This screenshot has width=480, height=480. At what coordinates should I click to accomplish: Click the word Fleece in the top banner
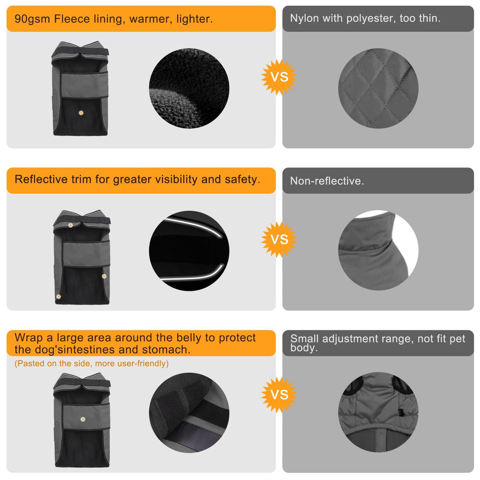click(x=72, y=19)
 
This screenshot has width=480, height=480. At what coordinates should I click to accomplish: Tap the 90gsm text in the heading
click(x=32, y=20)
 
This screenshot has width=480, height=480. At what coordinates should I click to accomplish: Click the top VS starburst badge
click(x=279, y=77)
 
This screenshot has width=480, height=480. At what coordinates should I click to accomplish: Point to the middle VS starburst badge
click(x=279, y=240)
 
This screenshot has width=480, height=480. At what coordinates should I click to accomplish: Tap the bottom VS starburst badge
click(x=279, y=395)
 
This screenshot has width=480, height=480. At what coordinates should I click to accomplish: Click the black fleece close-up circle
click(x=189, y=88)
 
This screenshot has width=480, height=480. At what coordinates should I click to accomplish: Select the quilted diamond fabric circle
click(x=378, y=88)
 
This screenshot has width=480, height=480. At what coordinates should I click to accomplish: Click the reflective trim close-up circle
click(x=189, y=251)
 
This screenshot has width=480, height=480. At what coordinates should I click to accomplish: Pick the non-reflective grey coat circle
click(x=378, y=250)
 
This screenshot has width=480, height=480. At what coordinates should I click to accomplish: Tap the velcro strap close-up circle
click(x=189, y=413)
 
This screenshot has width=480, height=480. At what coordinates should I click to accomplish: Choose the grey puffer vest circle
click(x=378, y=412)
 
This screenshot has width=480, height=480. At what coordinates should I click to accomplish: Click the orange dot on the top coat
click(x=81, y=113)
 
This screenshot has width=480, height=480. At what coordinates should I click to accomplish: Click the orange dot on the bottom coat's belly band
click(x=83, y=419)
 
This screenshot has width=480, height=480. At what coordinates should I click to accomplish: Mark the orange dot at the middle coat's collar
click(x=71, y=225)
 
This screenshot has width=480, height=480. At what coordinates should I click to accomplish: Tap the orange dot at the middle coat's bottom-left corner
click(x=59, y=297)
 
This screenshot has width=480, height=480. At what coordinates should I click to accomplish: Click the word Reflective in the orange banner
click(x=41, y=180)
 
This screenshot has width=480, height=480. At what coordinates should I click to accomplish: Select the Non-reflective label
click(x=327, y=181)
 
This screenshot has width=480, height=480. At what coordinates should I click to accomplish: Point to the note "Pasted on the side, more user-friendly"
click(x=92, y=363)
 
